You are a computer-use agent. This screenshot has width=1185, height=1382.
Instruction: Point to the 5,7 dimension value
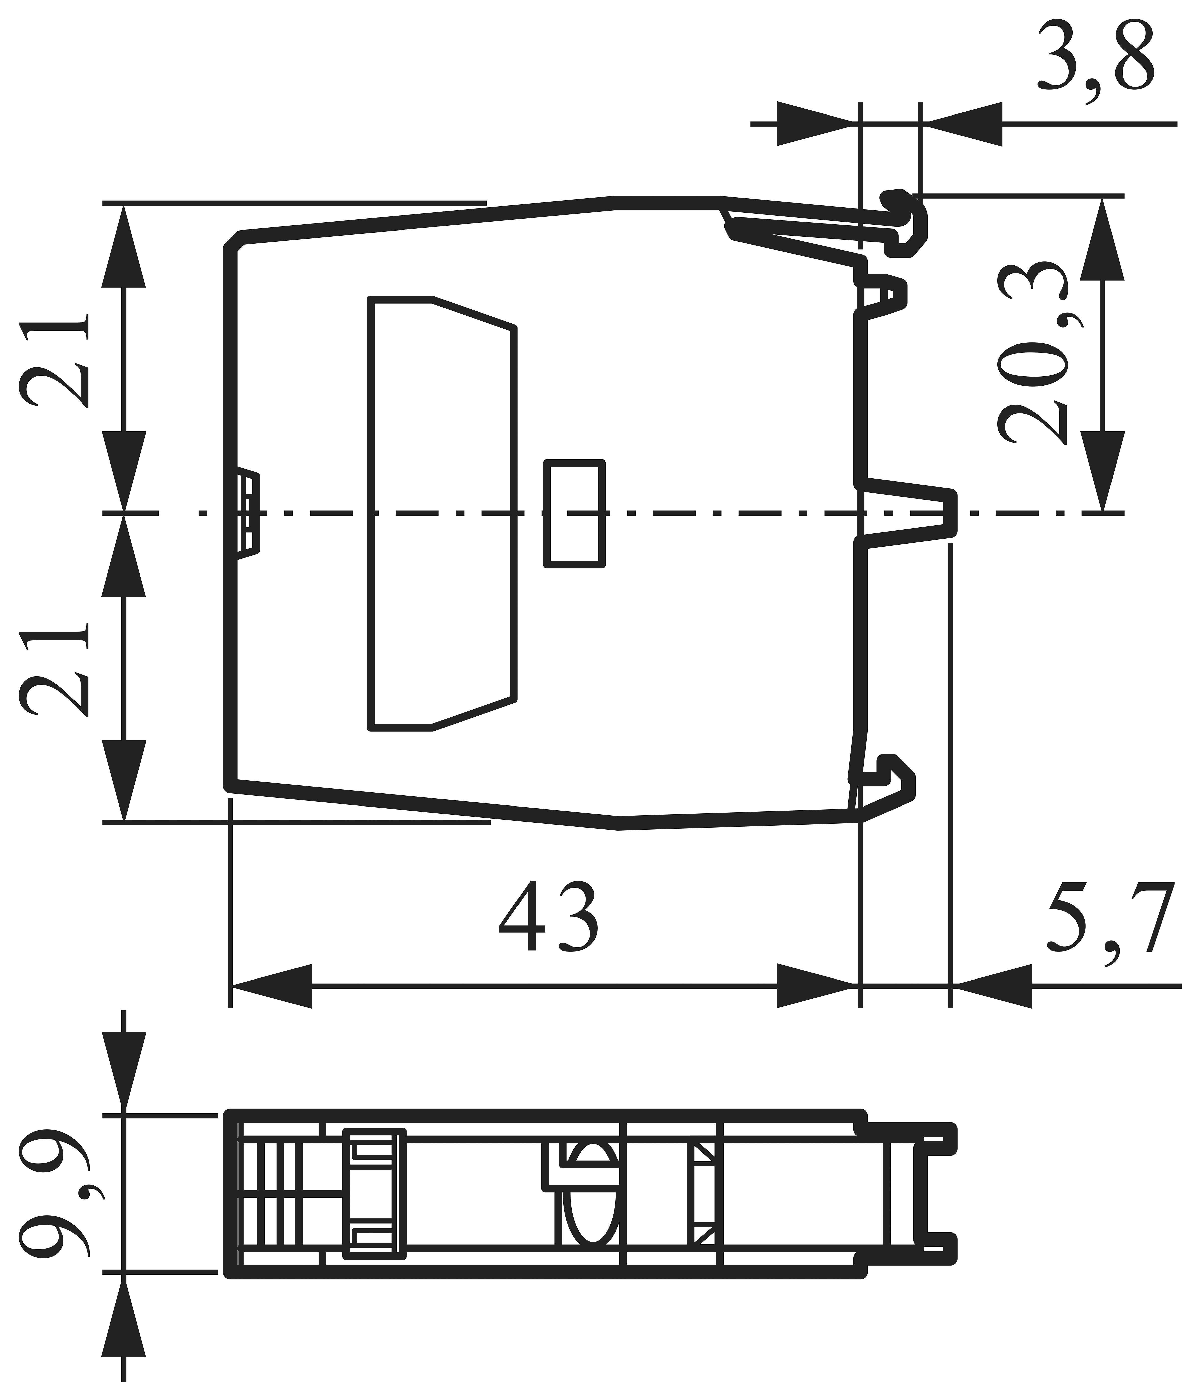pos(1110,920)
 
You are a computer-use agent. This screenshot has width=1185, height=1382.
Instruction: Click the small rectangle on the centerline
pos(574,513)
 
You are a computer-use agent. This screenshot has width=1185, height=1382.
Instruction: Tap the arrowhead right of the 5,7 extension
pos(993,986)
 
